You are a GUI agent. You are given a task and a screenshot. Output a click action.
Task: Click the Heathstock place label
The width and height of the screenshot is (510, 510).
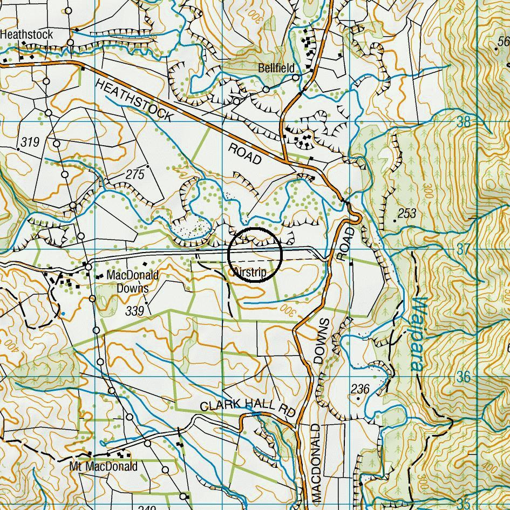pyautogui.click(x=26, y=35)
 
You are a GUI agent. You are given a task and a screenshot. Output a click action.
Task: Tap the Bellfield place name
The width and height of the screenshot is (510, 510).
pyautogui.click(x=276, y=68)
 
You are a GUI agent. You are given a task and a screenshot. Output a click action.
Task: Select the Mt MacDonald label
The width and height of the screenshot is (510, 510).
pyautogui.click(x=104, y=466)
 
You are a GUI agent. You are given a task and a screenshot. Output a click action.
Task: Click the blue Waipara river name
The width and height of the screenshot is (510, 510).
pyautogui.click(x=418, y=334)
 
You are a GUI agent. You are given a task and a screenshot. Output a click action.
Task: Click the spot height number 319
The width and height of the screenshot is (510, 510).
pyautogui.click(x=30, y=142)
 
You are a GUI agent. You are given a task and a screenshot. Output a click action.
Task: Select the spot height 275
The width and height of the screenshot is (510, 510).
pyautogui.click(x=135, y=174)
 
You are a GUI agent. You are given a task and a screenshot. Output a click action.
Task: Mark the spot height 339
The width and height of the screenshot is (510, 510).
pyautogui.click(x=135, y=311)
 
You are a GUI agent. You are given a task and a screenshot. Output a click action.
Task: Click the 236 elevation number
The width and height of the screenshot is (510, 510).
pyautogui.click(x=360, y=389)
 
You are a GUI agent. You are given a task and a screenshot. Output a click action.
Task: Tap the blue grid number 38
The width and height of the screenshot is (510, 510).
pyautogui.click(x=464, y=122)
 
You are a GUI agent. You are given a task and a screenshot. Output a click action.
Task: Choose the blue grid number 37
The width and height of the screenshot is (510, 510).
pyautogui.click(x=464, y=249)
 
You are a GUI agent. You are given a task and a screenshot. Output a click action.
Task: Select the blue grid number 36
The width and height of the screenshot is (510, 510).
pyautogui.click(x=464, y=377)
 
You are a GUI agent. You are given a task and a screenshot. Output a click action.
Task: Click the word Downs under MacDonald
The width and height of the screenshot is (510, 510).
pyautogui.click(x=132, y=288)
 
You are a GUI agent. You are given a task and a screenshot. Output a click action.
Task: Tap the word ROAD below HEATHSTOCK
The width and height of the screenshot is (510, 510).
pyautogui.click(x=245, y=154)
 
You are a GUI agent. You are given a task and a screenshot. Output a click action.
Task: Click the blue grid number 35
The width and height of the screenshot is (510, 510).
pyautogui.click(x=464, y=505)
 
